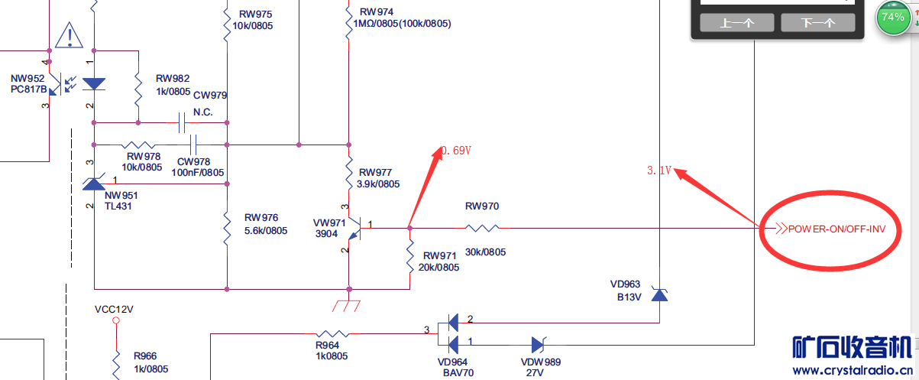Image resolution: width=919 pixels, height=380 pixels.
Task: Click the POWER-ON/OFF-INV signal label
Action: pos(837,229)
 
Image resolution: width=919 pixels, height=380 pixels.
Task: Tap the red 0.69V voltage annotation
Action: pos(455,151)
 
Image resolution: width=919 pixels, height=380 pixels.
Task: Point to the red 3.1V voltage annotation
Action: pos(659,171)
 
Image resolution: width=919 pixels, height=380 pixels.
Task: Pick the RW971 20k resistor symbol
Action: pos(409,252)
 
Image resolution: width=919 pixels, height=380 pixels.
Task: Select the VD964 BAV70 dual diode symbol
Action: pos(452,333)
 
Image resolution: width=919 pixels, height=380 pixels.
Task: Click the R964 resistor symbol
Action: pos(332,334)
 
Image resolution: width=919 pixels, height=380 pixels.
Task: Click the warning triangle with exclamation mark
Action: pos(70,34)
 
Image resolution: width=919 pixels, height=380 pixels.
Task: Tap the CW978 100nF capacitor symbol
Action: pos(193,144)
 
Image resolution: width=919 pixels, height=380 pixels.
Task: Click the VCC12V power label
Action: pos(114,310)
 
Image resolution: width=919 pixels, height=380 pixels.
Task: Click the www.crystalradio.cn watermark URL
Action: pos(851,371)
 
